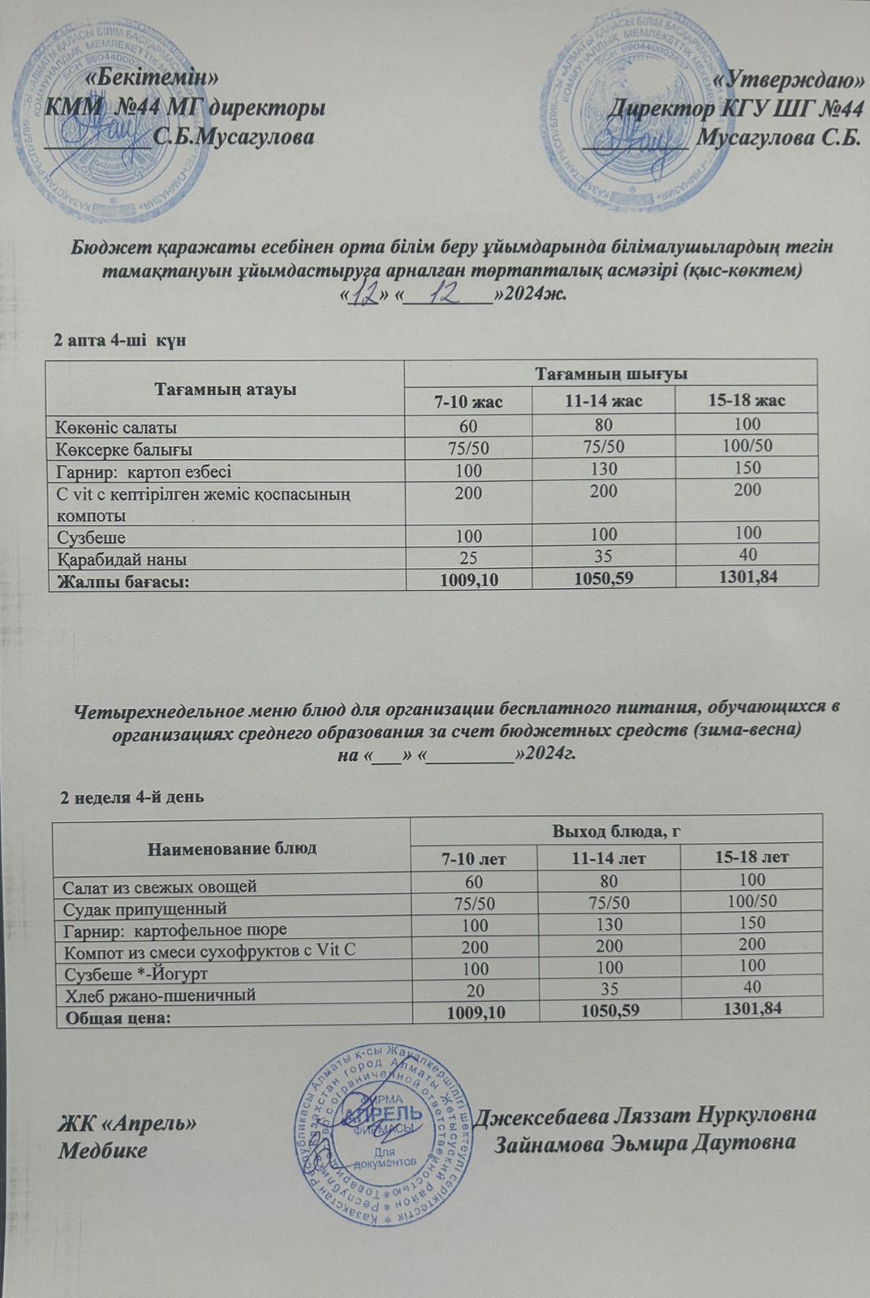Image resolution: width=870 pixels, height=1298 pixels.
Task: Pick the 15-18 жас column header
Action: [x=747, y=401]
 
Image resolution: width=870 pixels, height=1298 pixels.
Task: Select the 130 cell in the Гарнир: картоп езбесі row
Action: [x=605, y=469]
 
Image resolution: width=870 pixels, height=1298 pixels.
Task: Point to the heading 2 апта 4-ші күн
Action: [x=119, y=340]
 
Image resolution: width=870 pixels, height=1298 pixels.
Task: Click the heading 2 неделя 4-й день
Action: [x=133, y=797]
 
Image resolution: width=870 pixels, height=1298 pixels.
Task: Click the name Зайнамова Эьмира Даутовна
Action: [x=644, y=1142]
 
